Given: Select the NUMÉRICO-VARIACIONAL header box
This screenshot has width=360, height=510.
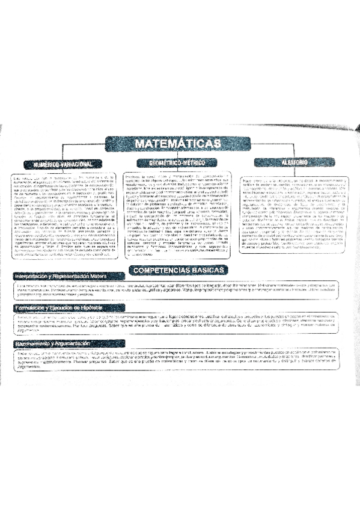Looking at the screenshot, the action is (x=58, y=164).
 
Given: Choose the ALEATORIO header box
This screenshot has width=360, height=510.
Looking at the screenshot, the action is (x=293, y=162).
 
